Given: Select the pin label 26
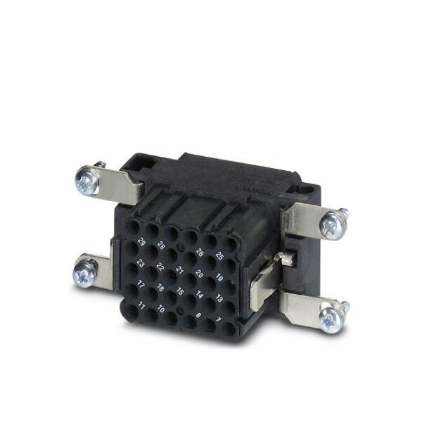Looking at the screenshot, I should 200,252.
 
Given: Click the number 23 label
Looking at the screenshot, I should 141,263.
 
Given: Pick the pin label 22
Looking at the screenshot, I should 160,267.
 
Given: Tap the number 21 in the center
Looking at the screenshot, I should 180,271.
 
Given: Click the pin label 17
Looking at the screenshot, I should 141,285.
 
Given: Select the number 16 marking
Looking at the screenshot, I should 160,288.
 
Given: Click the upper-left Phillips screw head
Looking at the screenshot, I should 85,181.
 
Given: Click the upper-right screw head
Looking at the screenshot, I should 331,225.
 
